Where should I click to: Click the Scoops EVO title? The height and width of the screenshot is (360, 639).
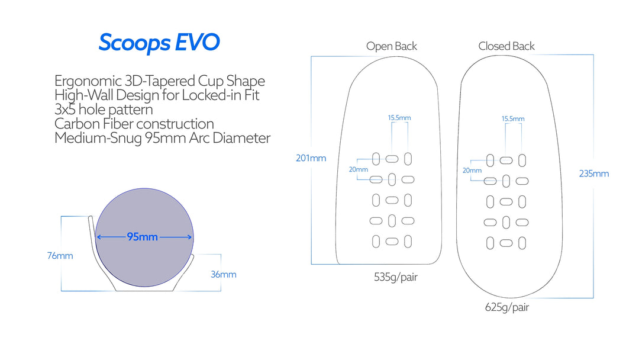click(159, 43)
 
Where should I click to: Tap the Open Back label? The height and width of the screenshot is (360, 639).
click(391, 46)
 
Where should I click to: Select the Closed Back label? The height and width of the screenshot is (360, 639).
click(506, 46)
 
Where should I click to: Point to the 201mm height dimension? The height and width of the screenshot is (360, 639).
click(311, 158)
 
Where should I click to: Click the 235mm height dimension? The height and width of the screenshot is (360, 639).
click(593, 173)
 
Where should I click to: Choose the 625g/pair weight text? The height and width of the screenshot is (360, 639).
click(507, 307)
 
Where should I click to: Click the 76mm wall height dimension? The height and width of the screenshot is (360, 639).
click(60, 256)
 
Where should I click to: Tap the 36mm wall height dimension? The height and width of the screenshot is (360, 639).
click(223, 274)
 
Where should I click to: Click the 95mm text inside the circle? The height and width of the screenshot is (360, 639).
click(143, 237)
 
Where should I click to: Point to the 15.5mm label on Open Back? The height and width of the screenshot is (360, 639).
click(399, 118)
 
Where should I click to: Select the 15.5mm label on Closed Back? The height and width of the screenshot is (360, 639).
click(513, 119)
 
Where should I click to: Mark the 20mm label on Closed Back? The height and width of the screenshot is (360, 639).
click(472, 171)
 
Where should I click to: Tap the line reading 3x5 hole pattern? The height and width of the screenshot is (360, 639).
click(104, 110)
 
